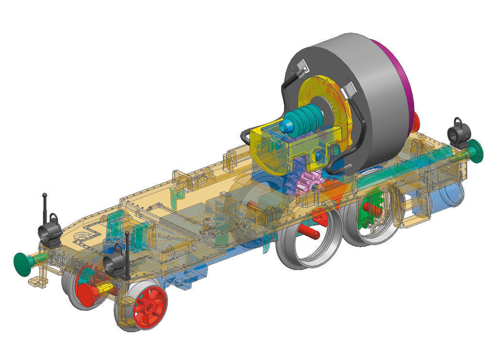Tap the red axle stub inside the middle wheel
[x=308, y=232]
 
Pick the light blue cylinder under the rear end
[x=449, y=194]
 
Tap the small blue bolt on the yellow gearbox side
[x=318, y=155]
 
